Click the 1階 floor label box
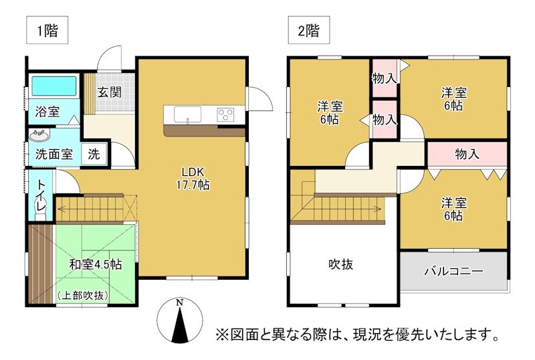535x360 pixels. click(x=47, y=31)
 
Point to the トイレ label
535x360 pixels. click(x=41, y=196)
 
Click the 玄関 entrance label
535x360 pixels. click(x=109, y=92)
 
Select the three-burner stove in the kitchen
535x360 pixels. click(x=226, y=114)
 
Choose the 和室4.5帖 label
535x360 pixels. click(x=96, y=264)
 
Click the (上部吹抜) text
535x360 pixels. click(x=84, y=294)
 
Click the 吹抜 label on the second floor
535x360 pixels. click(x=340, y=264)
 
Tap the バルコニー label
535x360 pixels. click(x=453, y=271)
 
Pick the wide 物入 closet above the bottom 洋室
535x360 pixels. click(x=466, y=154)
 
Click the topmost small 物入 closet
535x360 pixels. click(x=385, y=78)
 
